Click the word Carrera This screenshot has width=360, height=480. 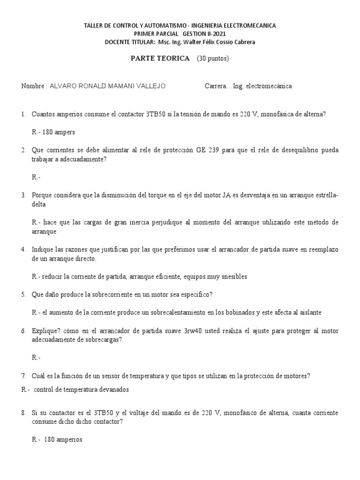click(x=216, y=86)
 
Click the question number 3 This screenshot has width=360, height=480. click(x=23, y=195)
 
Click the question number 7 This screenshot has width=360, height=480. click(x=23, y=376)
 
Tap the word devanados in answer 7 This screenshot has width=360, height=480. click(x=114, y=390)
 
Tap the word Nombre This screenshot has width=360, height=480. click(x=32, y=86)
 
